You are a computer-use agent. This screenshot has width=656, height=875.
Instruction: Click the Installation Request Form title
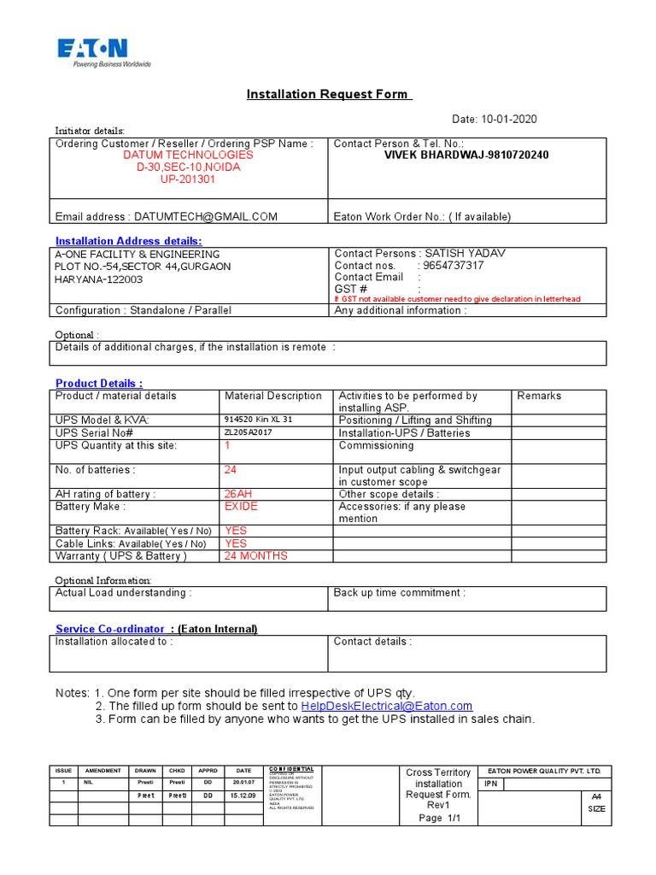pyautogui.click(x=329, y=94)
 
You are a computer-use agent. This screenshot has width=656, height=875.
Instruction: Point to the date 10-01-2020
pyautogui.click(x=508, y=120)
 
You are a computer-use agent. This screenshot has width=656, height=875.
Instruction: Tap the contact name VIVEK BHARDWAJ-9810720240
pyautogui.click(x=466, y=156)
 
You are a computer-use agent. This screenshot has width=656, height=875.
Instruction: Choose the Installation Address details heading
pyautogui.click(x=129, y=241)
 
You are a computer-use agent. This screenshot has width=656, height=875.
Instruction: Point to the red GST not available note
pyautogui.click(x=457, y=299)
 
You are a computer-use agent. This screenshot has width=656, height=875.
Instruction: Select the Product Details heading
pyautogui.click(x=99, y=383)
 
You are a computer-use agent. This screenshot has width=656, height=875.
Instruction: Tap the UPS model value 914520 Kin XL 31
pyautogui.click(x=258, y=420)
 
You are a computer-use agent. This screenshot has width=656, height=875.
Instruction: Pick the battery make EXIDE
pyautogui.click(x=241, y=507)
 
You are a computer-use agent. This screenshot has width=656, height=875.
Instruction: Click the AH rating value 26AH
pyautogui.click(x=239, y=494)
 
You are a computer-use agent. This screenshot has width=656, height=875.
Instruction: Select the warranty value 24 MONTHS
pyautogui.click(x=255, y=555)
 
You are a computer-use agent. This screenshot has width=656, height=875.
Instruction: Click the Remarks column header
pyautogui.click(x=539, y=396)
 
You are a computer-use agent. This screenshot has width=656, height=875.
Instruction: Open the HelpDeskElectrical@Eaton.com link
pyautogui.click(x=387, y=706)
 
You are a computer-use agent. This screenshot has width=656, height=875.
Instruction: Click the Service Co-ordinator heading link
pyautogui.click(x=109, y=629)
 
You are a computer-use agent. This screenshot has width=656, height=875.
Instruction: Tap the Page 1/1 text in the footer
pyautogui.click(x=438, y=818)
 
